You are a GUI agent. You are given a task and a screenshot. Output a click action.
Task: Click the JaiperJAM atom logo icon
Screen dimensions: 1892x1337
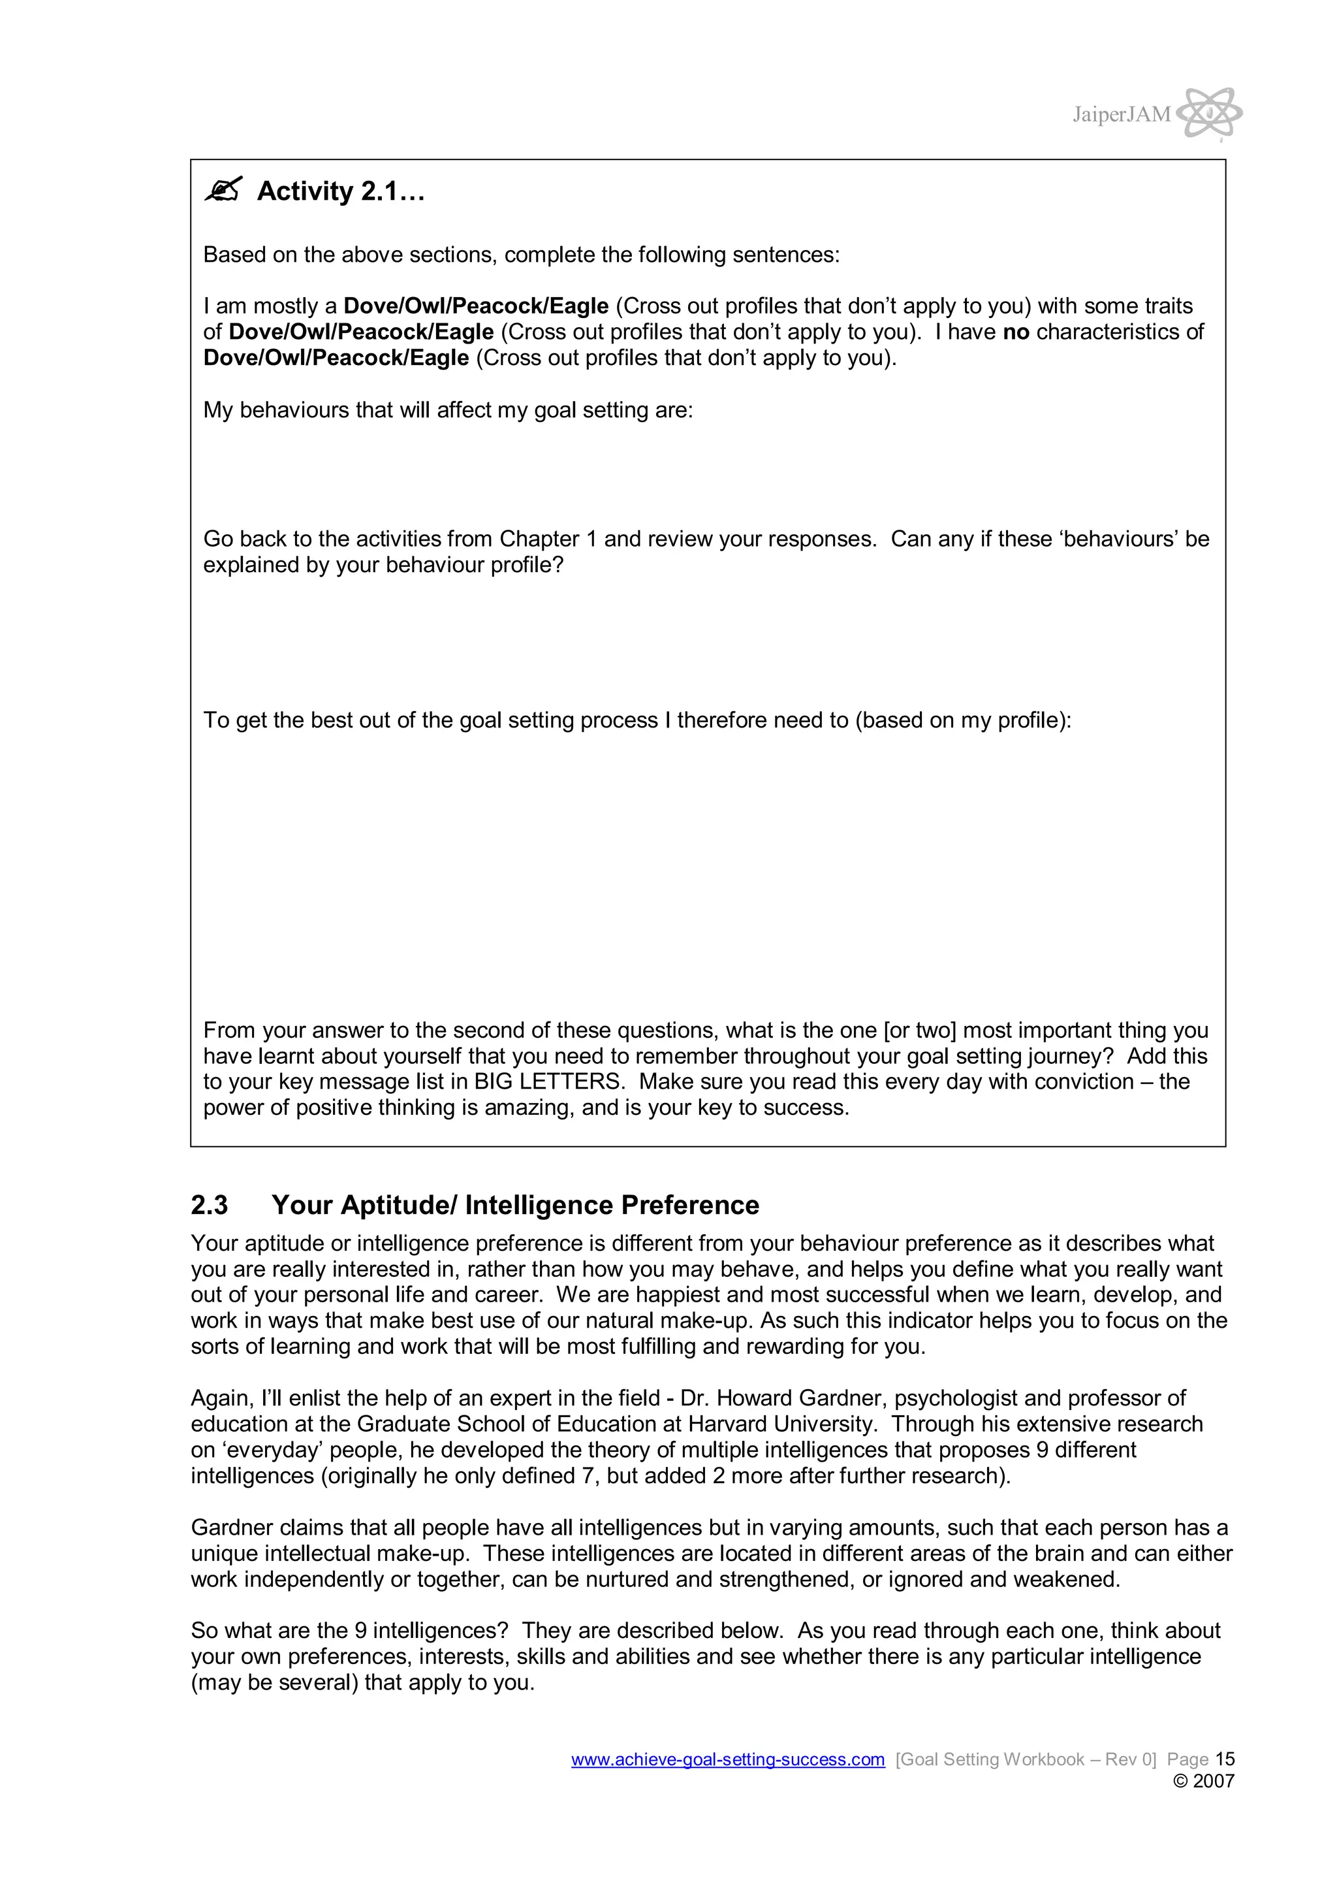click(x=1208, y=113)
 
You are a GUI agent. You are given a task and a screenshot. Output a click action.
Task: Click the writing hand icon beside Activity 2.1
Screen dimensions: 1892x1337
click(x=223, y=190)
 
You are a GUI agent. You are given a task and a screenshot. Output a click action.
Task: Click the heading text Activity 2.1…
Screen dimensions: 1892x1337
click(x=340, y=191)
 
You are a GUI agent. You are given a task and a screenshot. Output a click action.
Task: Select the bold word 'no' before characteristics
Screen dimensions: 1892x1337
click(x=1016, y=332)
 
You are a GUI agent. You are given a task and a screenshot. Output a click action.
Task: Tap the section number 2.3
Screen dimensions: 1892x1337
click(x=210, y=1205)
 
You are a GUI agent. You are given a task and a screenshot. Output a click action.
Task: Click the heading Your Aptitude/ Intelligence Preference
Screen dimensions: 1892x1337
click(x=515, y=1205)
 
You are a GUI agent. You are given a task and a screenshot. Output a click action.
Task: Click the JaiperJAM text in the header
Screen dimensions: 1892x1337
click(x=1121, y=114)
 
